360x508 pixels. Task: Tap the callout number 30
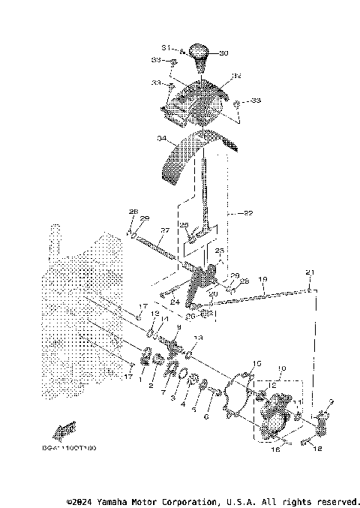(223, 53)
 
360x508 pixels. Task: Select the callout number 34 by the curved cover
(161, 139)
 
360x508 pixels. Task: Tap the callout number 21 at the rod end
(310, 271)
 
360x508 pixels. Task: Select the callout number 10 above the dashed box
(282, 369)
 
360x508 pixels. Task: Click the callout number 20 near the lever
(213, 293)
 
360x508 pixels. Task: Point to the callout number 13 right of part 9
(198, 338)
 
